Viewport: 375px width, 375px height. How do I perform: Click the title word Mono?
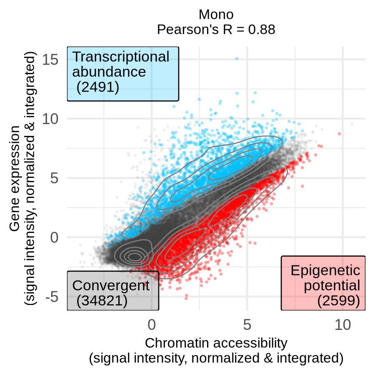(216, 15)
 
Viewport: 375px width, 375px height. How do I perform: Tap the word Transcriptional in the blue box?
(121, 57)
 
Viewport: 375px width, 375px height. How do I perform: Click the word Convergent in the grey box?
(110, 285)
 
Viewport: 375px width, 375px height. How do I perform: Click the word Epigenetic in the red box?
(325, 270)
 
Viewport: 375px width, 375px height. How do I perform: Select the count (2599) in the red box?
(338, 300)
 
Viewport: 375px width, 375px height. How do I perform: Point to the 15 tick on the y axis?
(50, 60)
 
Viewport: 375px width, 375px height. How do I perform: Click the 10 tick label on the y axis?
(50, 119)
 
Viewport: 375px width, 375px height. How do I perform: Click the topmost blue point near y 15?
(237, 59)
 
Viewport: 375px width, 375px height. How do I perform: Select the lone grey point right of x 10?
(352, 123)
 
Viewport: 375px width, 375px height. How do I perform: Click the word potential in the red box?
(332, 285)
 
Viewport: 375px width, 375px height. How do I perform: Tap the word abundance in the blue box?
(109, 72)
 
